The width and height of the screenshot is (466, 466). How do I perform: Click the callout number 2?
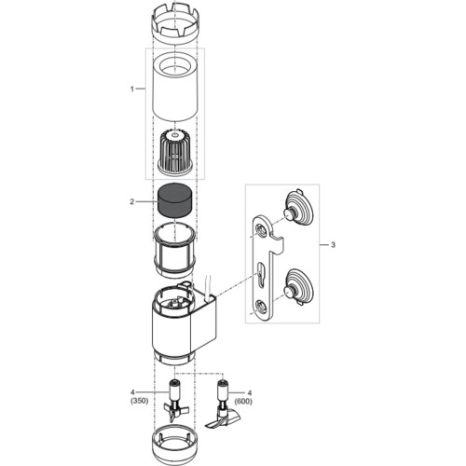(132, 200)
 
